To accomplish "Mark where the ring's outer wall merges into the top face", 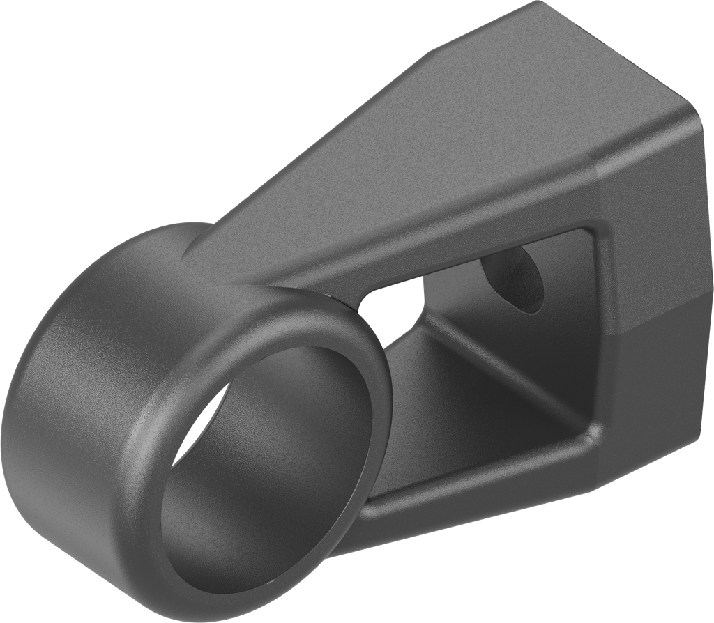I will pyautogui.click(x=202, y=244).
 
